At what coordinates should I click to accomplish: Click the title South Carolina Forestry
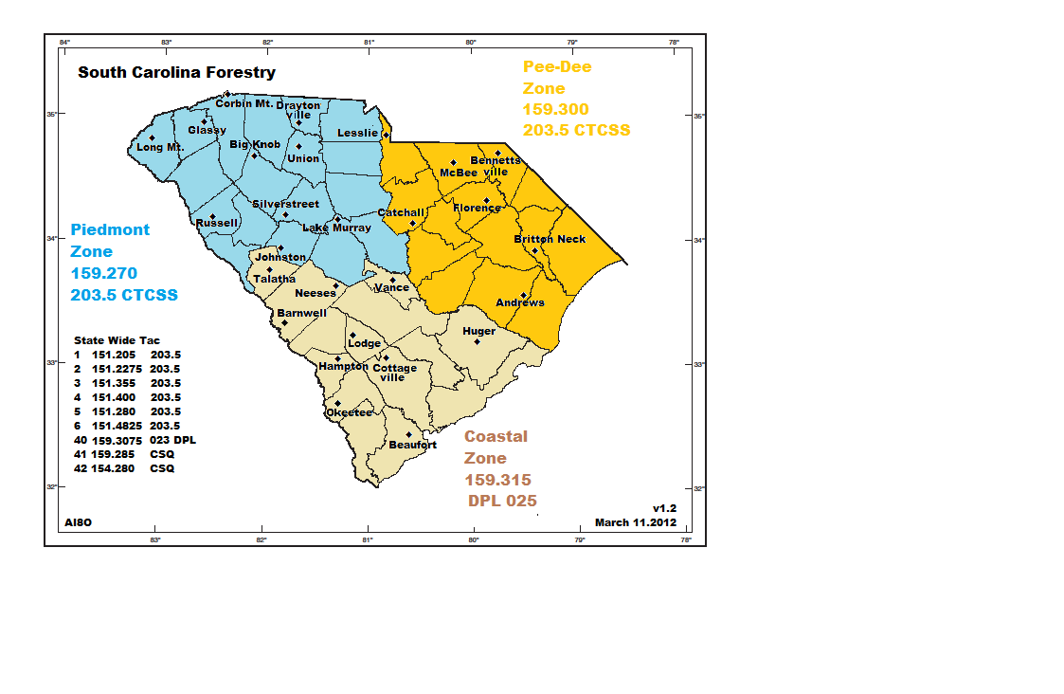point(176,72)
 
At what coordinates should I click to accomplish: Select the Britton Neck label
point(550,239)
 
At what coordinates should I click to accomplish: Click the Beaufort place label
point(413,445)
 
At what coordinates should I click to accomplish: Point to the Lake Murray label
point(336,228)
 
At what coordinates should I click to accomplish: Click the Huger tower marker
point(478,341)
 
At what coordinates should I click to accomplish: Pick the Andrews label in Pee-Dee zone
point(520,302)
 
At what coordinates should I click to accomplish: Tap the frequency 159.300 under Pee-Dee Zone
point(555,109)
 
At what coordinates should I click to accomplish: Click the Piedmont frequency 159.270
point(103,273)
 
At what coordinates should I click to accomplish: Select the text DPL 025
point(503,501)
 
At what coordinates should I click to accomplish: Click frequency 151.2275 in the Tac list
point(117,368)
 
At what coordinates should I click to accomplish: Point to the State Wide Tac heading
point(117,339)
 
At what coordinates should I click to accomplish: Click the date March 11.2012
point(636,522)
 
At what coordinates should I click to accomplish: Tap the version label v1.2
point(664,508)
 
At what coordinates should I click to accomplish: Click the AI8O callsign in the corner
point(79,522)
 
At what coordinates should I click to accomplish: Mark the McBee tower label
point(459,173)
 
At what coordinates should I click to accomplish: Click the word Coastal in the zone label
point(496,436)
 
